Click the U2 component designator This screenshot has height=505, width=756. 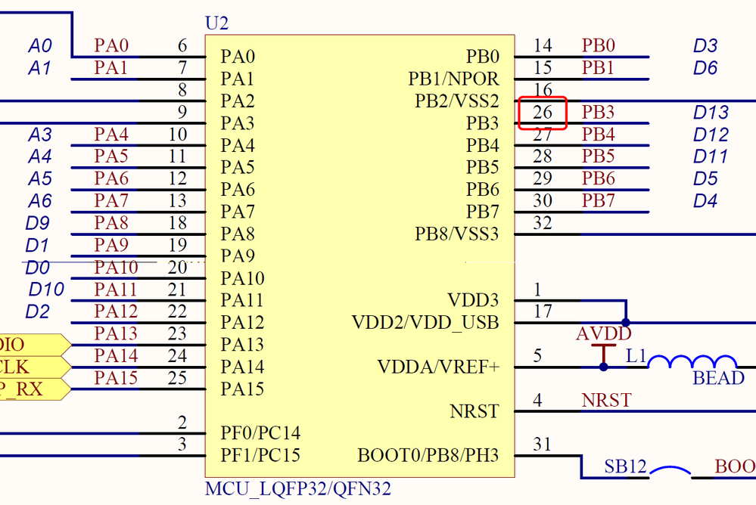pyautogui.click(x=216, y=23)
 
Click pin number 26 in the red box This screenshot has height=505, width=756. pyautogui.click(x=543, y=113)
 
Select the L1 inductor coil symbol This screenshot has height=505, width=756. pyautogui.click(x=692, y=362)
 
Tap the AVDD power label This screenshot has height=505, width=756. pyautogui.click(x=604, y=334)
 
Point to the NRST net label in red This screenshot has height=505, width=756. pyautogui.click(x=606, y=400)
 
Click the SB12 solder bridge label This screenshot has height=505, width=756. pyautogui.click(x=625, y=466)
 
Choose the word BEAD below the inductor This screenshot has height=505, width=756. pyautogui.click(x=718, y=378)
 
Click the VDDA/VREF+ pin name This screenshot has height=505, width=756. pyautogui.click(x=438, y=367)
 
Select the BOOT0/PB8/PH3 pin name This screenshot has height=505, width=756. pyautogui.click(x=428, y=456)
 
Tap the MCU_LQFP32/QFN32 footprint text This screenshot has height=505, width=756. pyautogui.click(x=298, y=488)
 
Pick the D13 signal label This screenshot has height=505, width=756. pyautogui.click(x=711, y=113)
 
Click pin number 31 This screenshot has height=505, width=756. pyautogui.click(x=543, y=445)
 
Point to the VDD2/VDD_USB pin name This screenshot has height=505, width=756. pyautogui.click(x=425, y=323)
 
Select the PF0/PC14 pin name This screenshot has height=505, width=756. pyautogui.click(x=260, y=433)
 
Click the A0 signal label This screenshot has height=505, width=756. pyautogui.click(x=40, y=46)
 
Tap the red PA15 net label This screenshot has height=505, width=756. pyautogui.click(x=116, y=377)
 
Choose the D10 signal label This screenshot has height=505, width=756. pyautogui.click(x=47, y=289)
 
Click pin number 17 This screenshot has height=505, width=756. pyautogui.click(x=543, y=311)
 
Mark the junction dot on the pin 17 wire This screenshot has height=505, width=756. pyautogui.click(x=626, y=323)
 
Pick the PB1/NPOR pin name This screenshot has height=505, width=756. pyautogui.click(x=453, y=79)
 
